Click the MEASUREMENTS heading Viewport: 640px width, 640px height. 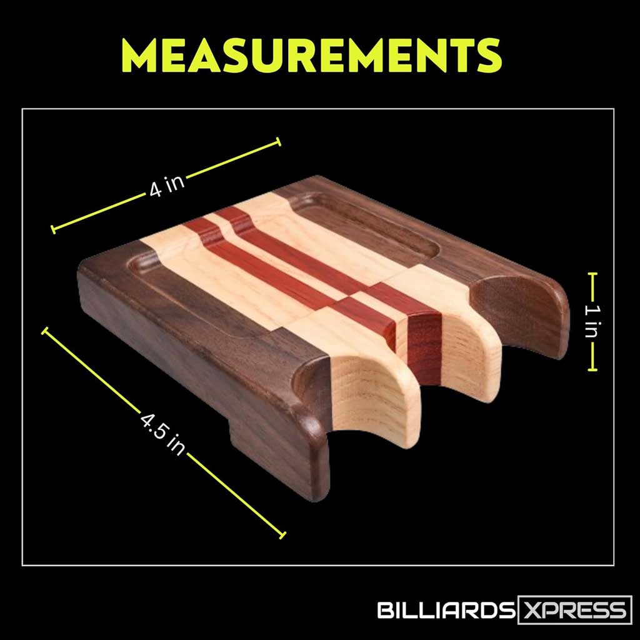[x=311, y=56]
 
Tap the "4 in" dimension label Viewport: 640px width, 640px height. [x=166, y=186]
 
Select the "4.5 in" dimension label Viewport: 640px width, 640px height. [x=162, y=434]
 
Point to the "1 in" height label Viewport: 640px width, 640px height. [x=592, y=322]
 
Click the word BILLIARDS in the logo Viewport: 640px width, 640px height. [x=446, y=611]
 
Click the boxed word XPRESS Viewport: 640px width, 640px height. [x=575, y=611]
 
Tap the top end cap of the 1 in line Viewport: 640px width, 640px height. [x=592, y=274]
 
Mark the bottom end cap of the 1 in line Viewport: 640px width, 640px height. [x=592, y=369]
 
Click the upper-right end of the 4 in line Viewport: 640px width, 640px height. [x=279, y=142]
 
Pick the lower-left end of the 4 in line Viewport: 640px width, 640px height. [x=53, y=229]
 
